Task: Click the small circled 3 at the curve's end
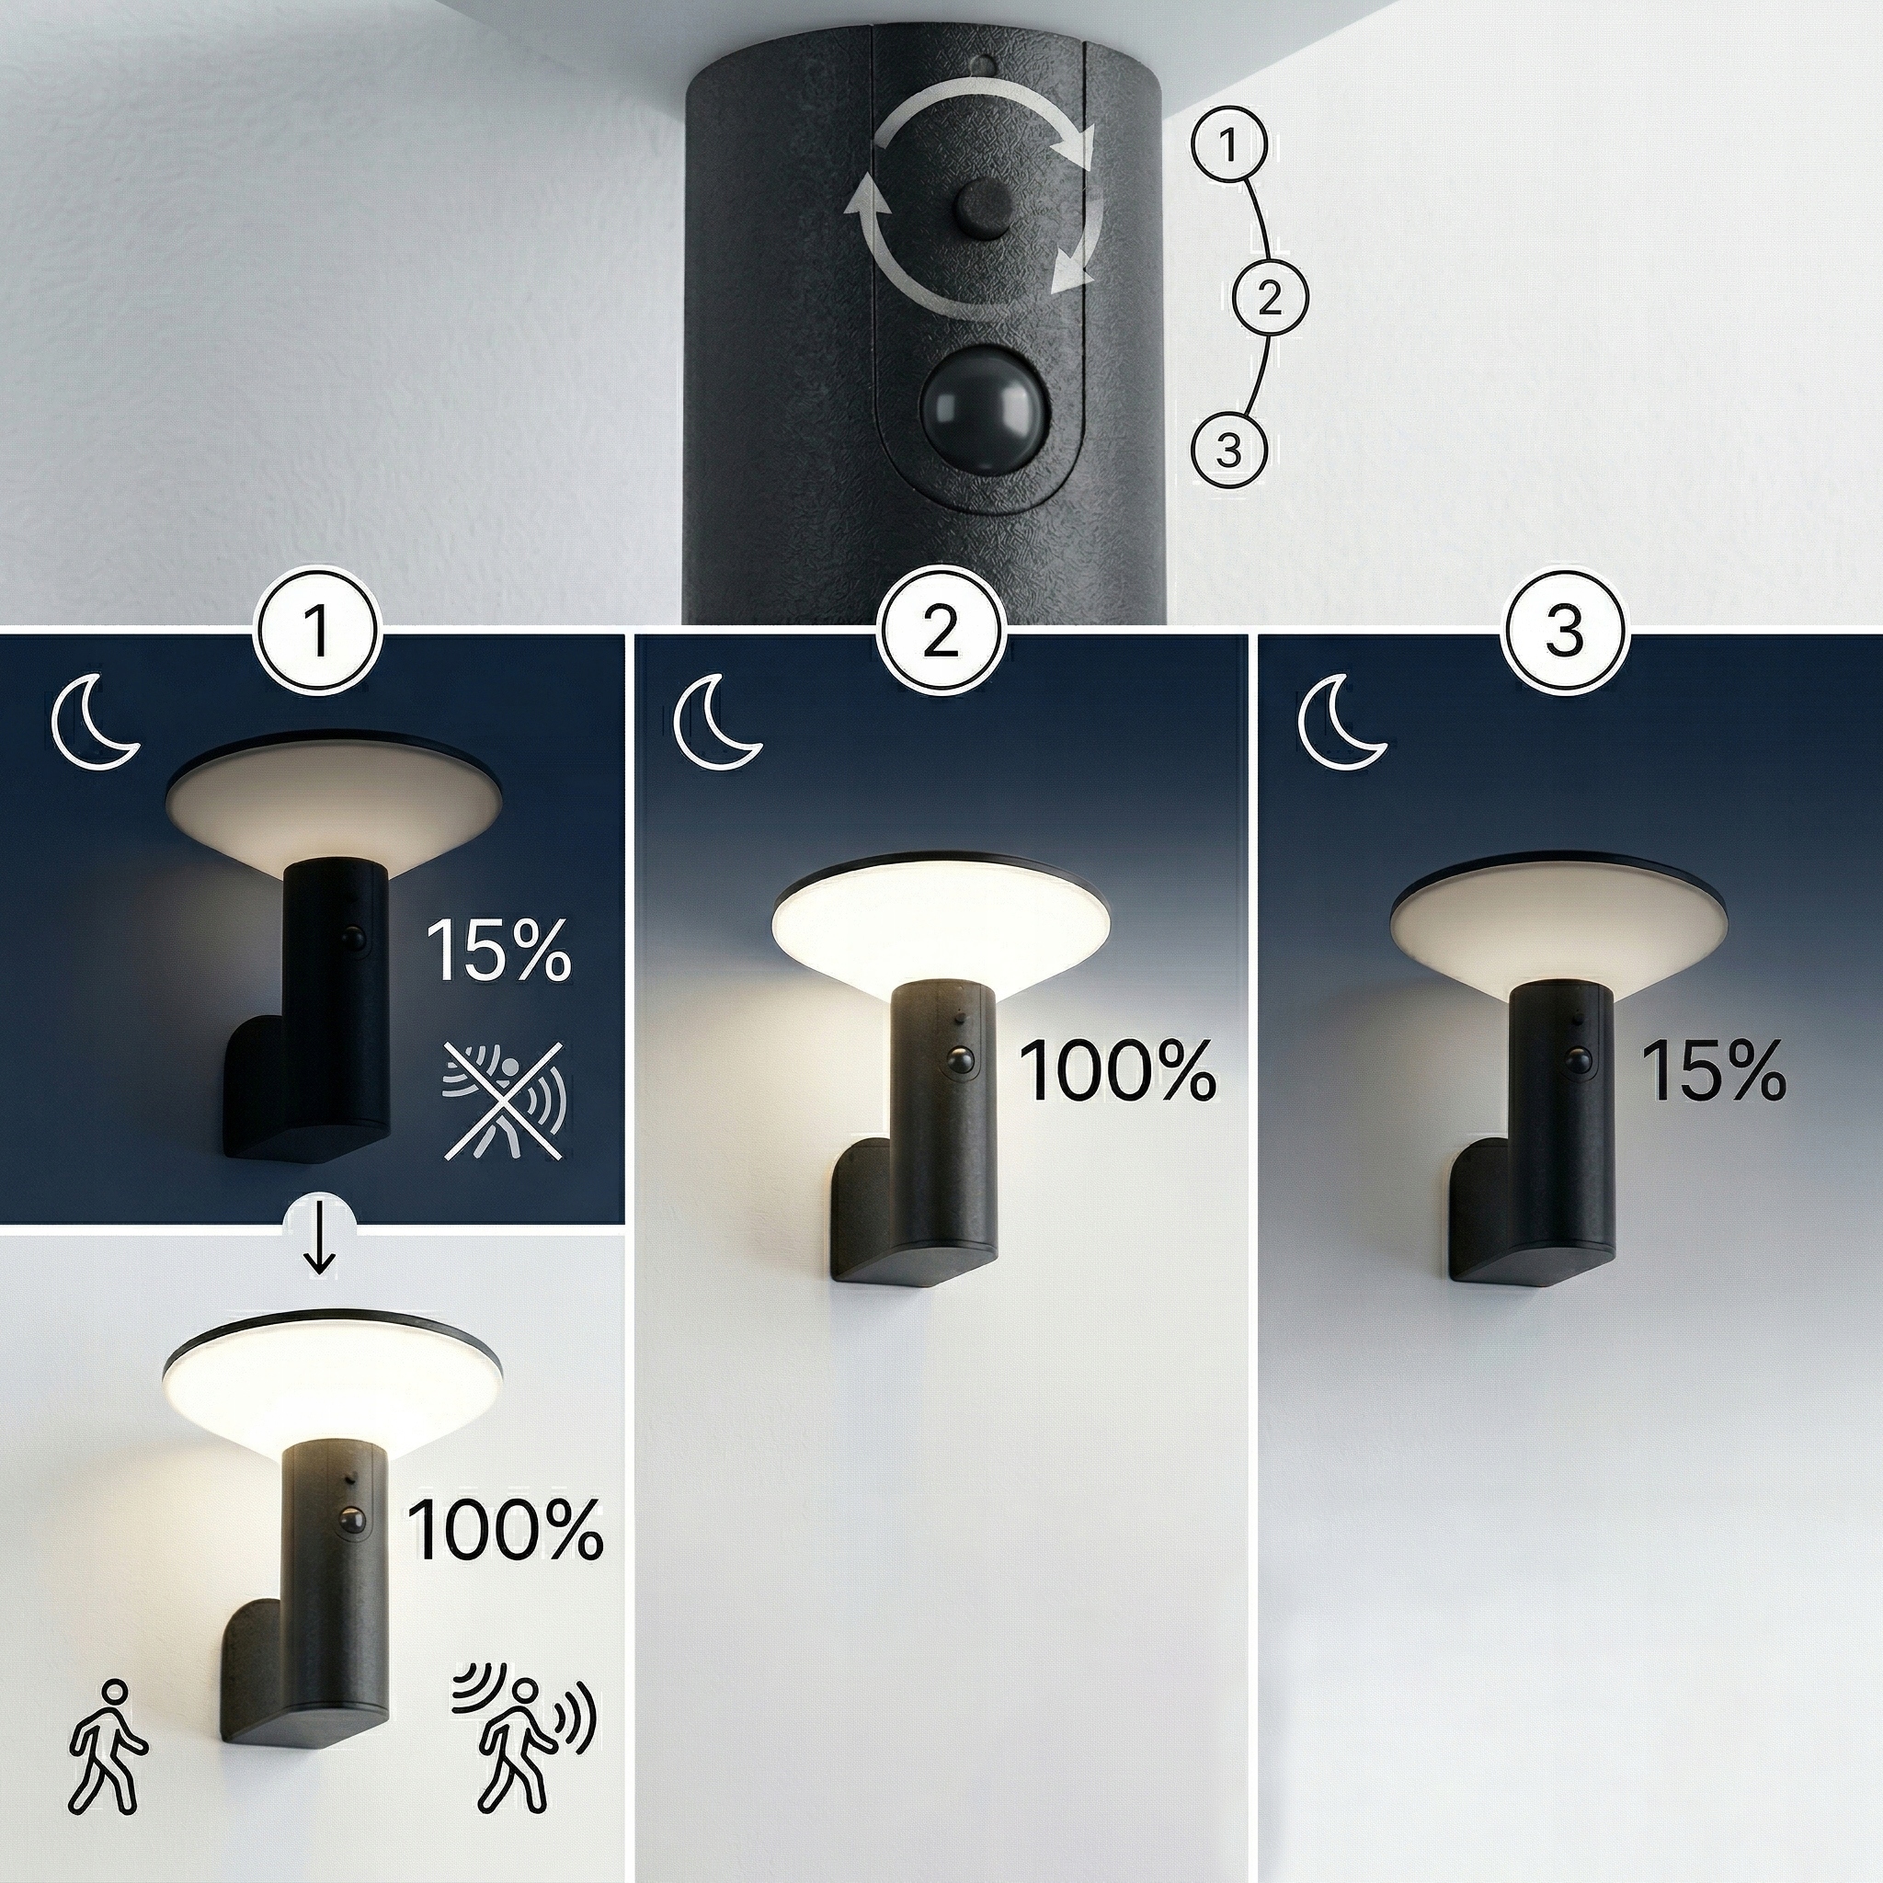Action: pos(1229,451)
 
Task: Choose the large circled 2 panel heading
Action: pos(941,631)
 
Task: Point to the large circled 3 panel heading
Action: pos(1565,631)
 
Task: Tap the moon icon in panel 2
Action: pos(718,724)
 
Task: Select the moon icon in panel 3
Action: pos(1343,724)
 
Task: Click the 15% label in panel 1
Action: pos(498,951)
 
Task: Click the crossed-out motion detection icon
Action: pos(502,1101)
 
